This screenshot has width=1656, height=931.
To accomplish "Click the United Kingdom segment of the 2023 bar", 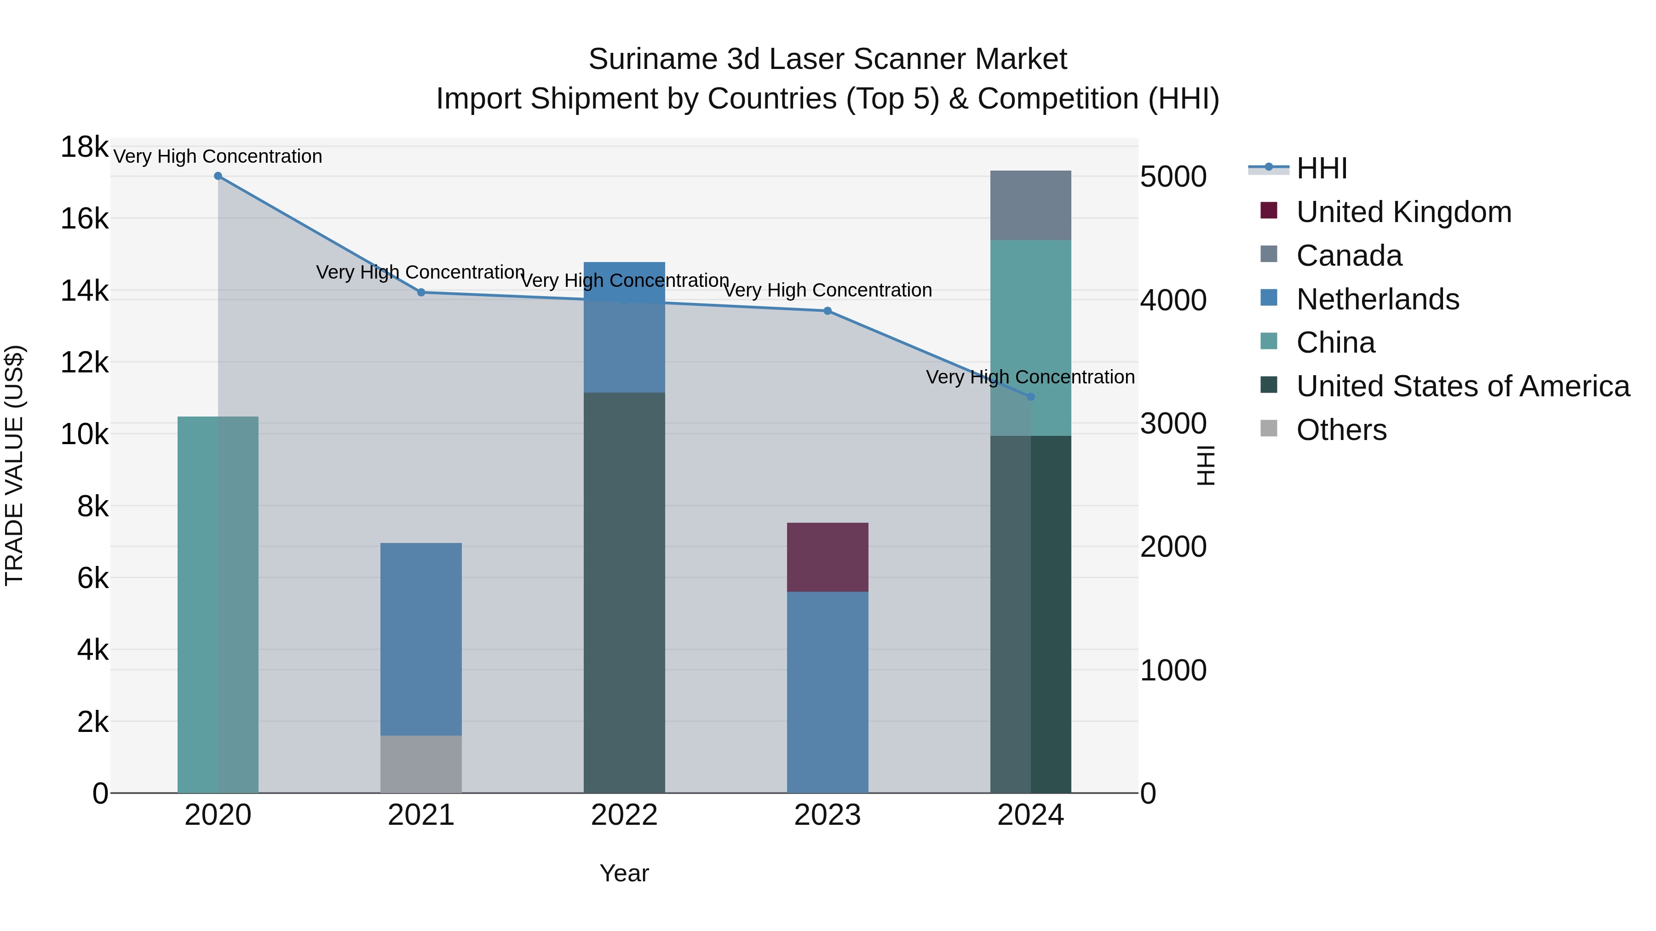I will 828,557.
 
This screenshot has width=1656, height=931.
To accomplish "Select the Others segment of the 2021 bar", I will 421,764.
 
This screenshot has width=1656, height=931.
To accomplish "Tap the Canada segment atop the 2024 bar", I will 1030,205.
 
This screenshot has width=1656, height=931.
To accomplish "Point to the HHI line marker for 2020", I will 218,176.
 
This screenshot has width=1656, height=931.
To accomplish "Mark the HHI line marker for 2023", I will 828,311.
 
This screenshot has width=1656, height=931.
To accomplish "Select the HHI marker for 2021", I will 421,292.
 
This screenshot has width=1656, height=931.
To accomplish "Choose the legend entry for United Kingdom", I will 1403,212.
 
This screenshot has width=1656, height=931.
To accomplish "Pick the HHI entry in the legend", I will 1321,168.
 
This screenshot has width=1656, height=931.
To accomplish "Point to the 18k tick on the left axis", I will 84,147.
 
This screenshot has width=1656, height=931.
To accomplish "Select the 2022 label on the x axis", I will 624,815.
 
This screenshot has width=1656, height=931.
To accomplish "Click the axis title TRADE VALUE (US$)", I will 14,465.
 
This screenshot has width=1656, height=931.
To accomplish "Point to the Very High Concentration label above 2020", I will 218,157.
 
